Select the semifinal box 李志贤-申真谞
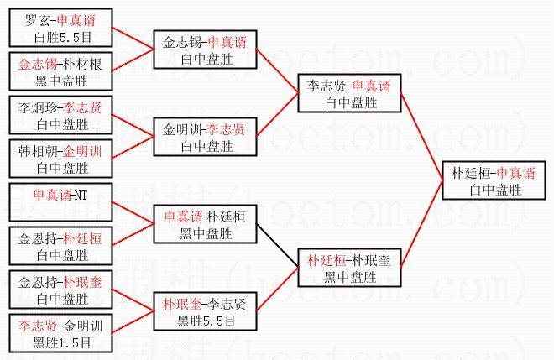(348, 94)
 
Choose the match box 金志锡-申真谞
(205, 50)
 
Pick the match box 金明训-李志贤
(205, 137)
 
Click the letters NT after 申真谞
(80, 195)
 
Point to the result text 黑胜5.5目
(205, 321)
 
